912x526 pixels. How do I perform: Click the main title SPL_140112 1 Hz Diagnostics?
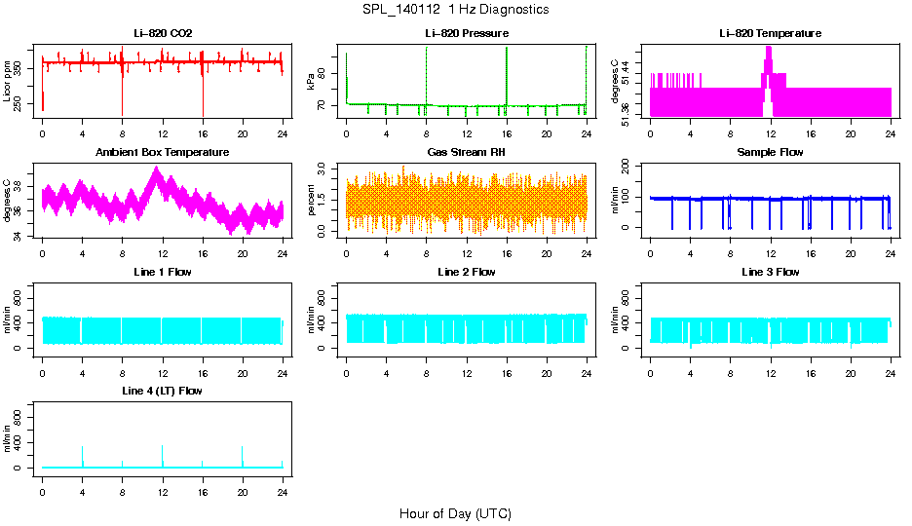click(455, 10)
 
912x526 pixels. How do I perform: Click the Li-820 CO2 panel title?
click(163, 34)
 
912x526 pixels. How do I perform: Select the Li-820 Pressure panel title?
click(466, 34)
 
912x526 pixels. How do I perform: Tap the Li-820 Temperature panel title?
click(770, 34)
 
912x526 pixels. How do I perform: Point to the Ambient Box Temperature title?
click(163, 153)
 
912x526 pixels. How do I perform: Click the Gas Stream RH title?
click(466, 153)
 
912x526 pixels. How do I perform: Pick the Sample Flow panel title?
click(770, 153)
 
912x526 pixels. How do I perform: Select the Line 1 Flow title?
click(163, 272)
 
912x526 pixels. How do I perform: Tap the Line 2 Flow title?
click(466, 272)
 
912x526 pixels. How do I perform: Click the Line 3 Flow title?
click(770, 272)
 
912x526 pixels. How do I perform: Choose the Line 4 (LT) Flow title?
click(163, 391)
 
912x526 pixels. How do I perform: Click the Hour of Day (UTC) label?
click(455, 513)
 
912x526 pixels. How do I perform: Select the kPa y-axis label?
click(310, 82)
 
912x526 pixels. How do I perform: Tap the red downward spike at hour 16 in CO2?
click(203, 97)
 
